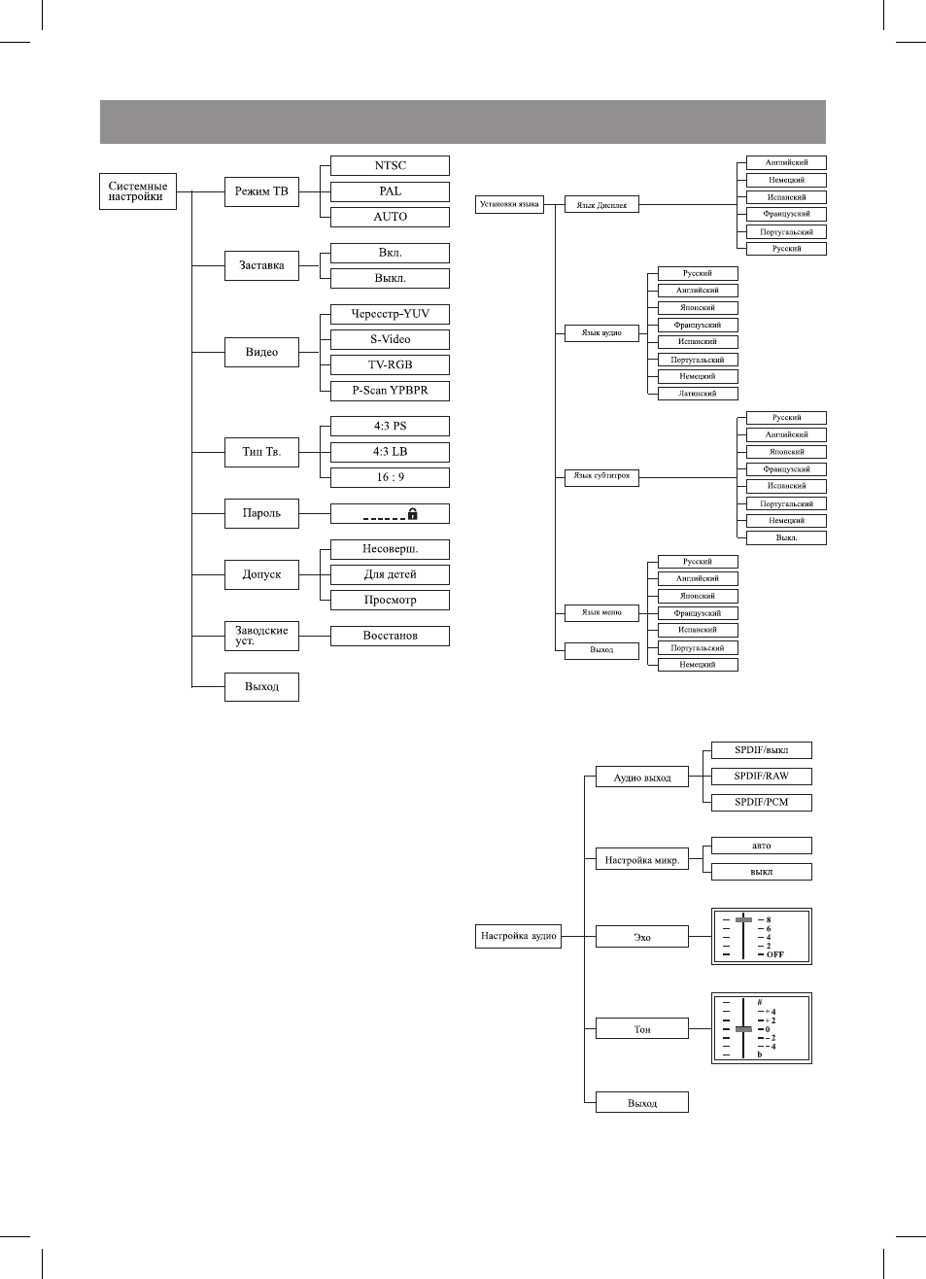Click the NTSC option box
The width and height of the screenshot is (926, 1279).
390,165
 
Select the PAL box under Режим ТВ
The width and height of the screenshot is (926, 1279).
390,191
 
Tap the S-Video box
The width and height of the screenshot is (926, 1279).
390,339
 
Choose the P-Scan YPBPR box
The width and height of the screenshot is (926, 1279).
390,391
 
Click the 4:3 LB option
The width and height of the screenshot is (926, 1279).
390,452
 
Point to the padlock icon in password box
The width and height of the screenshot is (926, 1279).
413,513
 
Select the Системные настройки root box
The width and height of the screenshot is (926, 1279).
138,191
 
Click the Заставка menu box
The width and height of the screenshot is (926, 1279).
261,265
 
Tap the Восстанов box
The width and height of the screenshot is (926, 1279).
390,636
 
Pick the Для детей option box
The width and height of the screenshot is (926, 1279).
390,574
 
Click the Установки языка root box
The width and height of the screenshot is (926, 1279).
509,204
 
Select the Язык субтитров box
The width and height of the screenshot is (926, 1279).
601,477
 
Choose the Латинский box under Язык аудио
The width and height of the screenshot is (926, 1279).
698,394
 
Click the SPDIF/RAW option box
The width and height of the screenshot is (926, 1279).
762,776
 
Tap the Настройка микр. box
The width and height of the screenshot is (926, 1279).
642,860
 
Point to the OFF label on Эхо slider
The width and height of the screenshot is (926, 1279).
775,954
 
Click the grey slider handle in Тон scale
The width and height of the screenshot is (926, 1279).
743,1029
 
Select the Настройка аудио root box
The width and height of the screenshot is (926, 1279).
518,937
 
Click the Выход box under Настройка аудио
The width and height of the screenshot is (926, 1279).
642,1102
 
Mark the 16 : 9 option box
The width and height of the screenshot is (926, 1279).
390,477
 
